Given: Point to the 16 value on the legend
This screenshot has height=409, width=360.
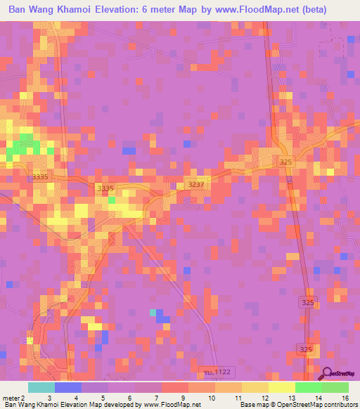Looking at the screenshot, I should point(344,398).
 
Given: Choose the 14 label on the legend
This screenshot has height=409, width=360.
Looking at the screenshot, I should point(319,398).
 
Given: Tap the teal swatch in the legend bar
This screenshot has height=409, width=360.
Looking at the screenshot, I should point(41,387).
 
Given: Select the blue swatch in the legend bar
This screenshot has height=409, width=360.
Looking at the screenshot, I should point(67,387).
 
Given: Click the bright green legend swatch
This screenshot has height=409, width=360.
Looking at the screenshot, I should point(308,387).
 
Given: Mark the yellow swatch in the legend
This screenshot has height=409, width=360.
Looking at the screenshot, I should point(281,387).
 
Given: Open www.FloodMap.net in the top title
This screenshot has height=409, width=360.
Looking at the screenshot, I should point(271,10).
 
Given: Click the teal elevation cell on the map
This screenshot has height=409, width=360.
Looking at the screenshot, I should point(153,311).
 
